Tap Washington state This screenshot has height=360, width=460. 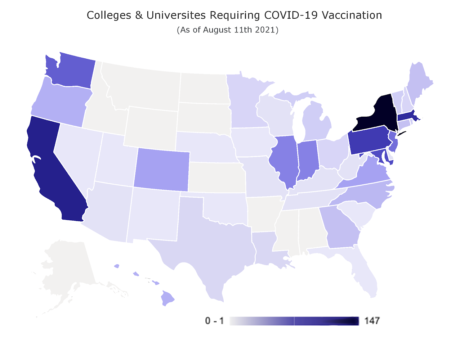pos(70,70)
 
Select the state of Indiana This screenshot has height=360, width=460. pos(307,160)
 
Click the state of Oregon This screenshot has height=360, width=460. pos(59,103)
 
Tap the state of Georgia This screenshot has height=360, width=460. pos(340,227)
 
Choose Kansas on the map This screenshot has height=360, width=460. pos(216,176)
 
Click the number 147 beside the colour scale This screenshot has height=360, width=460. pos(372,321)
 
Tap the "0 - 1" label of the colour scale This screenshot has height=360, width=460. pos(214,321)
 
